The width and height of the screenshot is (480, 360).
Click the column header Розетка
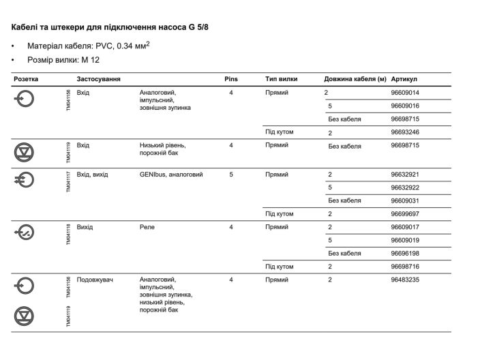(x=26, y=80)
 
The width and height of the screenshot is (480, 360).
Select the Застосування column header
(x=99, y=80)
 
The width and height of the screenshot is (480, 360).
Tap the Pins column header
(x=230, y=80)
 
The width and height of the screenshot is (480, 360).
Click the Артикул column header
(x=404, y=80)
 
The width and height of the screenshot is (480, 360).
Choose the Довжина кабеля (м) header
(x=355, y=80)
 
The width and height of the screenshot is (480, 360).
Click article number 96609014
(x=405, y=93)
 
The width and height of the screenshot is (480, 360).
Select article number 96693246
(x=405, y=132)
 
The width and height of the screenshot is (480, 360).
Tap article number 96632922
(x=405, y=187)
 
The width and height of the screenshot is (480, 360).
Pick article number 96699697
(x=405, y=213)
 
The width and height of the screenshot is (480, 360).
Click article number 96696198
(x=405, y=253)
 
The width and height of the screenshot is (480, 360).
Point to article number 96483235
(x=405, y=280)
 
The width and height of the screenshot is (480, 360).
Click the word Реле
(x=147, y=227)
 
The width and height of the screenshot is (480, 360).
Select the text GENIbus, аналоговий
(x=171, y=175)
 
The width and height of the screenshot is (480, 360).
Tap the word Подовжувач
(x=95, y=280)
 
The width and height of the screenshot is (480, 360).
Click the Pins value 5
(x=231, y=175)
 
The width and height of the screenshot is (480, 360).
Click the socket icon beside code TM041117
(x=24, y=179)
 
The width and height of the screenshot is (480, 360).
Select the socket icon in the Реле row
(x=24, y=232)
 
